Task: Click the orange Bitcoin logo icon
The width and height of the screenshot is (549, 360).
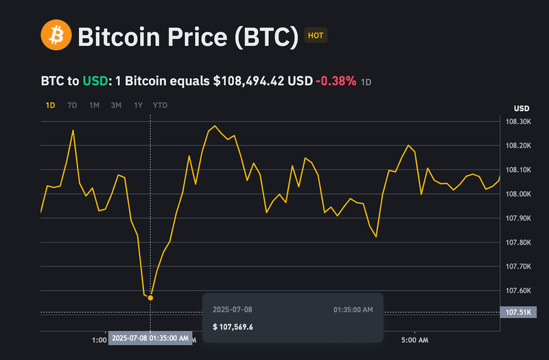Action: [x=56, y=35]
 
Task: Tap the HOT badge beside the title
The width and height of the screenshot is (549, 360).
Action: [x=316, y=35]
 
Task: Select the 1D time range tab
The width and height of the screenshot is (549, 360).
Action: [x=50, y=105]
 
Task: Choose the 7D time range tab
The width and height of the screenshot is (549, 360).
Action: [x=72, y=105]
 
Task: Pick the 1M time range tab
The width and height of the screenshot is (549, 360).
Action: [x=94, y=105]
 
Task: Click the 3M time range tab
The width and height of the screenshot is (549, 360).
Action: [x=116, y=105]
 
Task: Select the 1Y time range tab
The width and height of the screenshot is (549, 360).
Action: [x=138, y=105]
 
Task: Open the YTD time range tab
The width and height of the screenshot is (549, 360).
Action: [x=160, y=105]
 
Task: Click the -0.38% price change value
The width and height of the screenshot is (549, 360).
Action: [x=336, y=81]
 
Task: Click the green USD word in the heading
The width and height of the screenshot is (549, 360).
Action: [x=95, y=81]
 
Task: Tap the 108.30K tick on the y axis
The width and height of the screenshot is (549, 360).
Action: [x=518, y=121]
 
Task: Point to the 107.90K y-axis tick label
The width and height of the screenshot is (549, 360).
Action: [x=518, y=218]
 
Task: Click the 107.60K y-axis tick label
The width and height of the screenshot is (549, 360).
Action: [x=518, y=291]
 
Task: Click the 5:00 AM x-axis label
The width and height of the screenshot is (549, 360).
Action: [x=414, y=340]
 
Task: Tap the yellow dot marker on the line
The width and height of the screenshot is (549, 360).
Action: [x=150, y=297]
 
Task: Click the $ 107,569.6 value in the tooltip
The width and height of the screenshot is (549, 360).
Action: [x=233, y=326]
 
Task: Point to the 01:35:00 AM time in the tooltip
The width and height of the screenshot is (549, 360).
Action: [x=353, y=310]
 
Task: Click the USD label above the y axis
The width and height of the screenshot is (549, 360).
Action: [x=522, y=108]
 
